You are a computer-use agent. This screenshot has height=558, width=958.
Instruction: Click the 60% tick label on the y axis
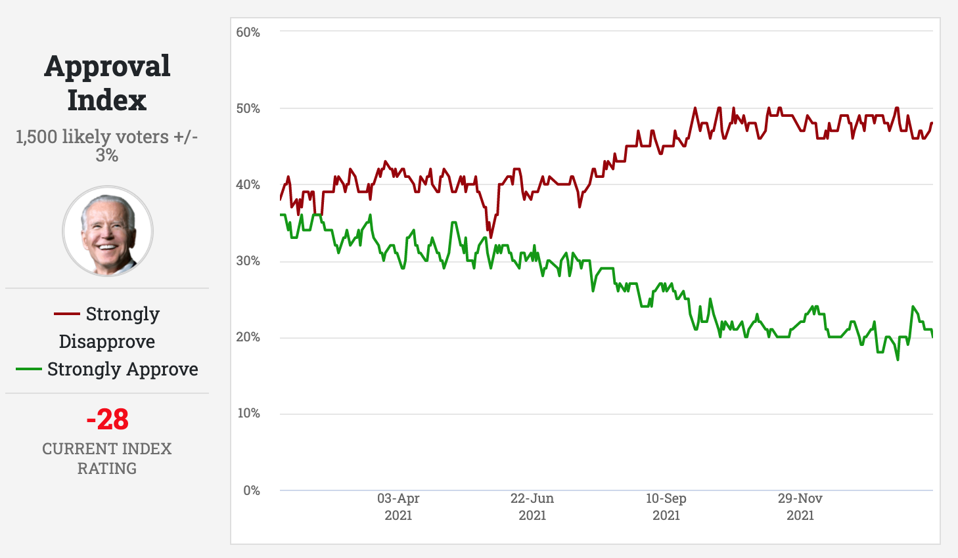point(248,32)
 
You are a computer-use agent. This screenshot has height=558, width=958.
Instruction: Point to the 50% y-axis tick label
point(248,108)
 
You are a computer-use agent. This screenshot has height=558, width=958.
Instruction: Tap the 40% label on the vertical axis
point(248,184)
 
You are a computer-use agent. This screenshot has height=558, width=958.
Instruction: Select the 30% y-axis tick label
point(248,261)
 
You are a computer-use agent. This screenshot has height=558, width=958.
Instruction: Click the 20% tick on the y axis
point(248,337)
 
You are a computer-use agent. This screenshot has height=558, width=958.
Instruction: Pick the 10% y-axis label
point(248,413)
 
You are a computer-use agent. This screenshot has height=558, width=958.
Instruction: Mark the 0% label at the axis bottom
point(251,490)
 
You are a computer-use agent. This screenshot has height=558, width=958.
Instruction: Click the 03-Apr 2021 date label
point(398,507)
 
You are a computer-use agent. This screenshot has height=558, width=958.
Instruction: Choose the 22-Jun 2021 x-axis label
point(532,507)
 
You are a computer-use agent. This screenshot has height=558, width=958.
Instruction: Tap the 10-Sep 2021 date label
point(666,507)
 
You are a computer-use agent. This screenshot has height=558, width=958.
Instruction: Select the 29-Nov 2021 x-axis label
point(800,507)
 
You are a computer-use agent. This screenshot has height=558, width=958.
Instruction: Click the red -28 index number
point(107,419)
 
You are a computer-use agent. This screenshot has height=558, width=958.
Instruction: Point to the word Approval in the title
point(107,66)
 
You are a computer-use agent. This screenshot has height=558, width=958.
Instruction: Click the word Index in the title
point(107,100)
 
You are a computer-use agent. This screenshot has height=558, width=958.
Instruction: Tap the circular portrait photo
point(108,231)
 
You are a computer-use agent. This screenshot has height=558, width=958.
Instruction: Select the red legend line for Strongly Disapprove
point(66,314)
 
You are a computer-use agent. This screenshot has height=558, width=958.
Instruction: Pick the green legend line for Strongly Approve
point(28,370)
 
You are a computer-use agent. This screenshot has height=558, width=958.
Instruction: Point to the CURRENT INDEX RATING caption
point(107,458)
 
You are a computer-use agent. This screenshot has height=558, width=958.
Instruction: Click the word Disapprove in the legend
point(107,341)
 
